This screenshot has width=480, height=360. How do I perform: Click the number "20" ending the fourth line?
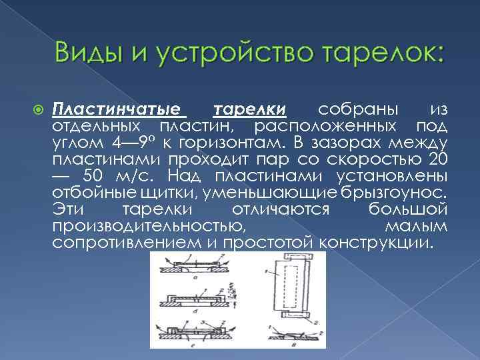437,159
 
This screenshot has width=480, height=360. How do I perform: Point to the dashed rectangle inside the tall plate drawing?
290,285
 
